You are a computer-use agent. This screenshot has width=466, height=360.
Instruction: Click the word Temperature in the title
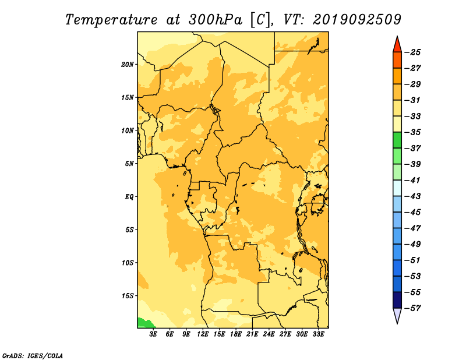111,20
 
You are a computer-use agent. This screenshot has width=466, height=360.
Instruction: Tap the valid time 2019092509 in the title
357,20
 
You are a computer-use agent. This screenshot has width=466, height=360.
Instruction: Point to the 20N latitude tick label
127,65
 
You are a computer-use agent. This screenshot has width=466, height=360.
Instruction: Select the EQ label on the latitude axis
129,197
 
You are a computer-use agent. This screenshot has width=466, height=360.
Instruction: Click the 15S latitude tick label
128,296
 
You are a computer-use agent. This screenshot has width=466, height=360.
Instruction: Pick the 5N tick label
129,164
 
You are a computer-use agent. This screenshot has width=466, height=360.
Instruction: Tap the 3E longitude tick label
153,334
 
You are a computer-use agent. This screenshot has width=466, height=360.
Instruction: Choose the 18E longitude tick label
236,334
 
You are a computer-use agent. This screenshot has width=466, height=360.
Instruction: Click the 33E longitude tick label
318,334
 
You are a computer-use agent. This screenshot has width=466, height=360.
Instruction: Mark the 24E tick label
269,334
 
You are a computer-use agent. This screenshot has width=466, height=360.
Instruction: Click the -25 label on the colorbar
412,52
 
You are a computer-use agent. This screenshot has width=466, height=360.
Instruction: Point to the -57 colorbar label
412,308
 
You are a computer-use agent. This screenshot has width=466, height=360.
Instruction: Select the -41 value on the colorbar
412,181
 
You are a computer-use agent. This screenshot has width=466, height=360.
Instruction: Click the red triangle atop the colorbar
397,44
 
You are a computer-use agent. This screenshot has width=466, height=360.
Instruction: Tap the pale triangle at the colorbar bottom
397,315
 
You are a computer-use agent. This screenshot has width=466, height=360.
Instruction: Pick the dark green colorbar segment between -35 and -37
397,140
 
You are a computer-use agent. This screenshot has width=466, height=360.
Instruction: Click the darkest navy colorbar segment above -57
397,300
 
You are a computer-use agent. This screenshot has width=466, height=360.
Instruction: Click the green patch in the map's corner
144,323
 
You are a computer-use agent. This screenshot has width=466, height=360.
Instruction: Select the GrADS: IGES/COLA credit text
33,356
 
